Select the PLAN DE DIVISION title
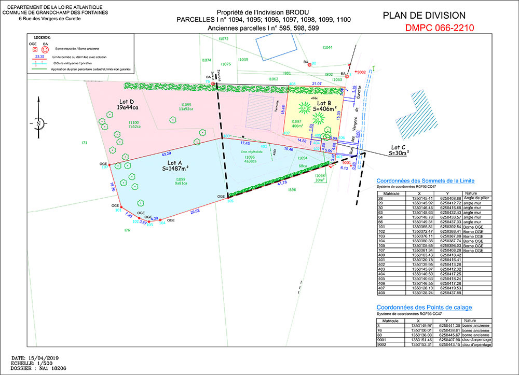[424, 16]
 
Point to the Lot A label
[174, 165]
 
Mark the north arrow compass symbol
[38, 123]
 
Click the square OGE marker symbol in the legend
[35, 49]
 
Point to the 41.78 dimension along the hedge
[282, 183]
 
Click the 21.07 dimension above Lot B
[317, 83]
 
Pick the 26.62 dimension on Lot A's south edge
[195, 211]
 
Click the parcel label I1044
[327, 47]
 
